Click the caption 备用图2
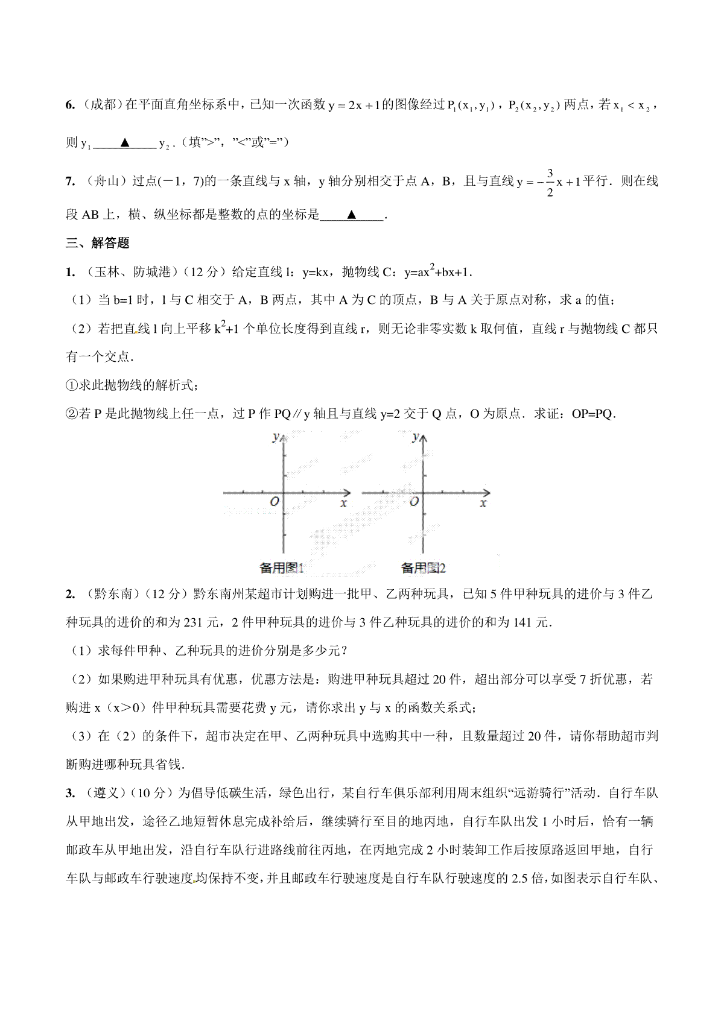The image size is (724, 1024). click(x=423, y=567)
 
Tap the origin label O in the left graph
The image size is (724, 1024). click(x=275, y=501)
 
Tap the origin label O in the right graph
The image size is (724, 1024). click(x=414, y=501)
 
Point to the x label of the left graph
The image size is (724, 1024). click(x=344, y=504)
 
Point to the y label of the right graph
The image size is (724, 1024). click(x=415, y=436)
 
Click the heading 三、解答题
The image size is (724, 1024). click(x=98, y=243)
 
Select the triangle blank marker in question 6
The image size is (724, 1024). click(x=125, y=143)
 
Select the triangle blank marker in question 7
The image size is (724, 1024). click(x=352, y=215)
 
